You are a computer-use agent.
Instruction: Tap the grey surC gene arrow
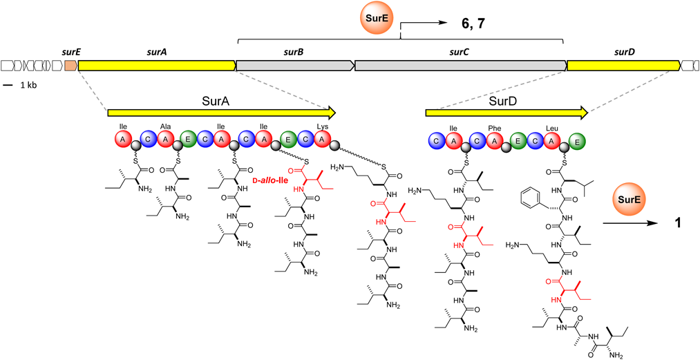point(460,66)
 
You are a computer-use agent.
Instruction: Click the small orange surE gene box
point(70,66)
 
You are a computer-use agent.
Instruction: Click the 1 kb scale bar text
point(28,85)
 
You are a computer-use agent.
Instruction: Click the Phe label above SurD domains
point(494,128)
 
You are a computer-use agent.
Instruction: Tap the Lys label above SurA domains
point(323,128)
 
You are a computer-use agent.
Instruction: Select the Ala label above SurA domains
point(165,128)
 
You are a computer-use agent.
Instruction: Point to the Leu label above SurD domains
point(551,128)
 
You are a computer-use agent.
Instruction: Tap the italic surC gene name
point(460,51)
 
